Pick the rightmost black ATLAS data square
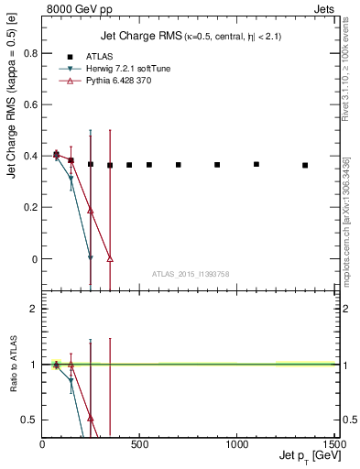coord(305,166)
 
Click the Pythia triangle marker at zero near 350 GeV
coord(110,259)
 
